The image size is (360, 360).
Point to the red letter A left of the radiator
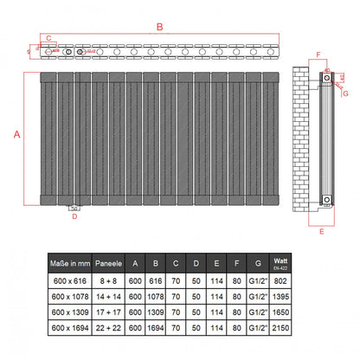coord(16,134)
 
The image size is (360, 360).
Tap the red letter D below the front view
coord(74,216)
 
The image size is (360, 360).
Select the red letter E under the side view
coord(322,233)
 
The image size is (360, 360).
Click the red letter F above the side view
coord(318,55)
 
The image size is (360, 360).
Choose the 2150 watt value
coord(281,330)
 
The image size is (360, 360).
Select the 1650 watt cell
coord(281,312)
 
